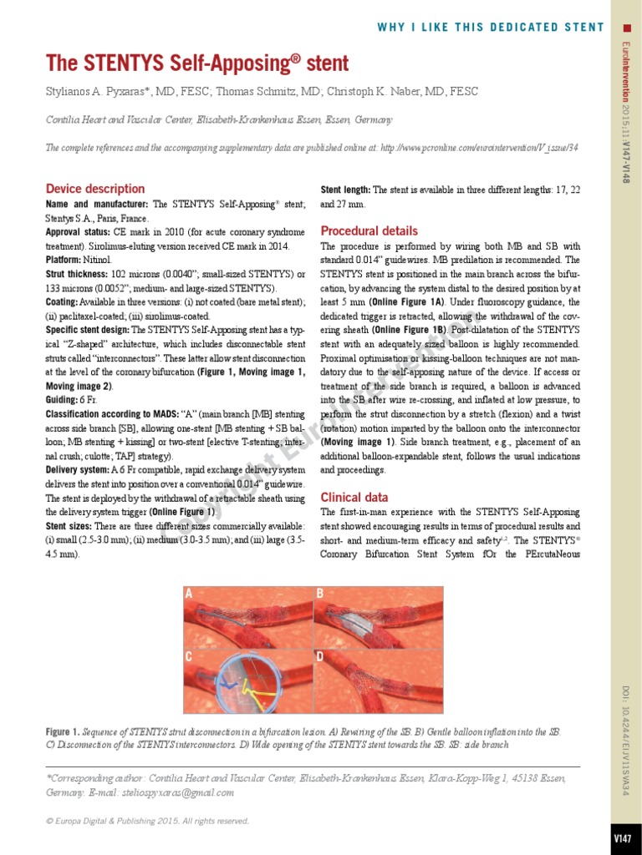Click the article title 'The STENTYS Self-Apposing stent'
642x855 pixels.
(197, 63)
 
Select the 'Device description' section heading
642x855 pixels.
(95, 189)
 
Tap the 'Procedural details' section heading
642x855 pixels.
(369, 230)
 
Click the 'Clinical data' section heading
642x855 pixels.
(354, 496)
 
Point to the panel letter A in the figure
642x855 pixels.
(190, 594)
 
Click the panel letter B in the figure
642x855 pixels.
(319, 594)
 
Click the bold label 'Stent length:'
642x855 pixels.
(346, 190)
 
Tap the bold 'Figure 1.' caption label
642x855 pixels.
(63, 732)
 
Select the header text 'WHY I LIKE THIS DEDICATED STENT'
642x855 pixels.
(491, 28)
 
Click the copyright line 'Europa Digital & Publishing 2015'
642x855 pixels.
(147, 821)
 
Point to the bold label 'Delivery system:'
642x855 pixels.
(78, 471)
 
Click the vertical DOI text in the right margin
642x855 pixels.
(624, 739)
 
